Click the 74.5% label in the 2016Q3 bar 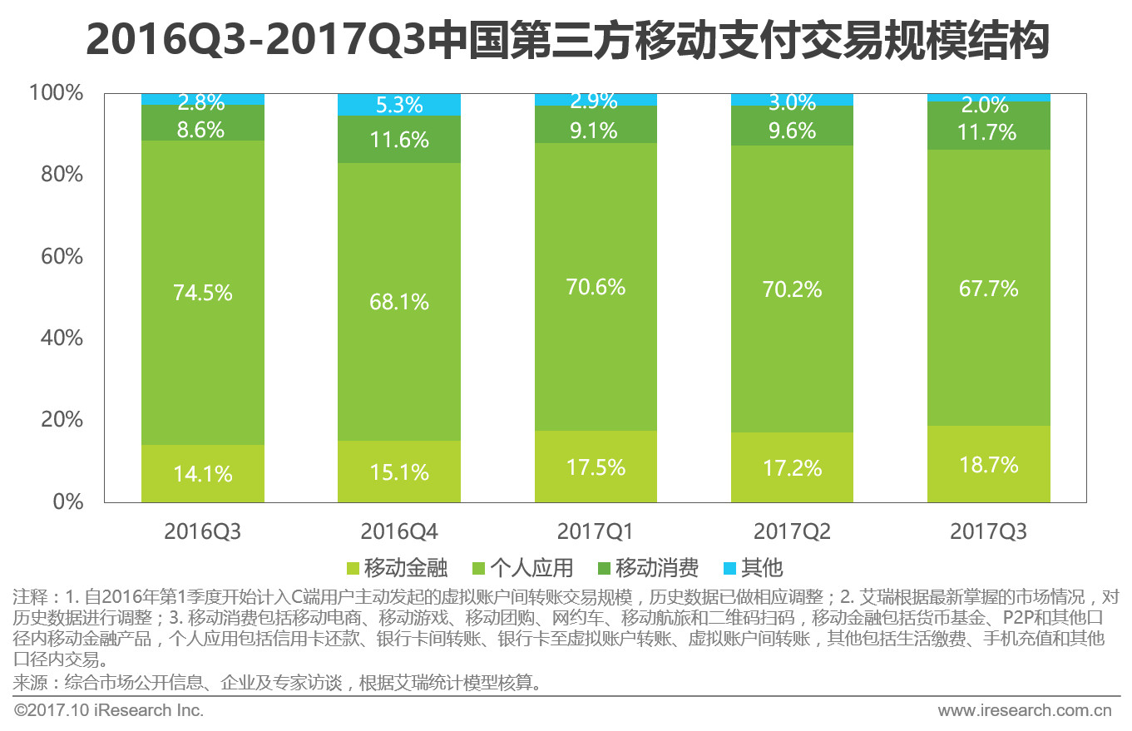coord(202,293)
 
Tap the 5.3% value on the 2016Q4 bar coord(399,106)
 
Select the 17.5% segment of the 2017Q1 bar coord(596,467)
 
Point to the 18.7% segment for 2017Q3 coord(988,465)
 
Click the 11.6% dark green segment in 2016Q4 coord(399,140)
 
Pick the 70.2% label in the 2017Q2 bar coord(792,289)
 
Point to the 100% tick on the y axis coord(57,93)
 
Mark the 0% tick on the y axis coord(67,502)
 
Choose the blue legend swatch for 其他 coord(729,569)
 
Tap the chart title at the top coord(566,39)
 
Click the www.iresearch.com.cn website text coord(1025,711)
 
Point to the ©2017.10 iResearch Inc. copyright coord(109,711)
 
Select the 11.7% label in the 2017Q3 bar coord(988,132)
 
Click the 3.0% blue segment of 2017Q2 coord(792,100)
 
